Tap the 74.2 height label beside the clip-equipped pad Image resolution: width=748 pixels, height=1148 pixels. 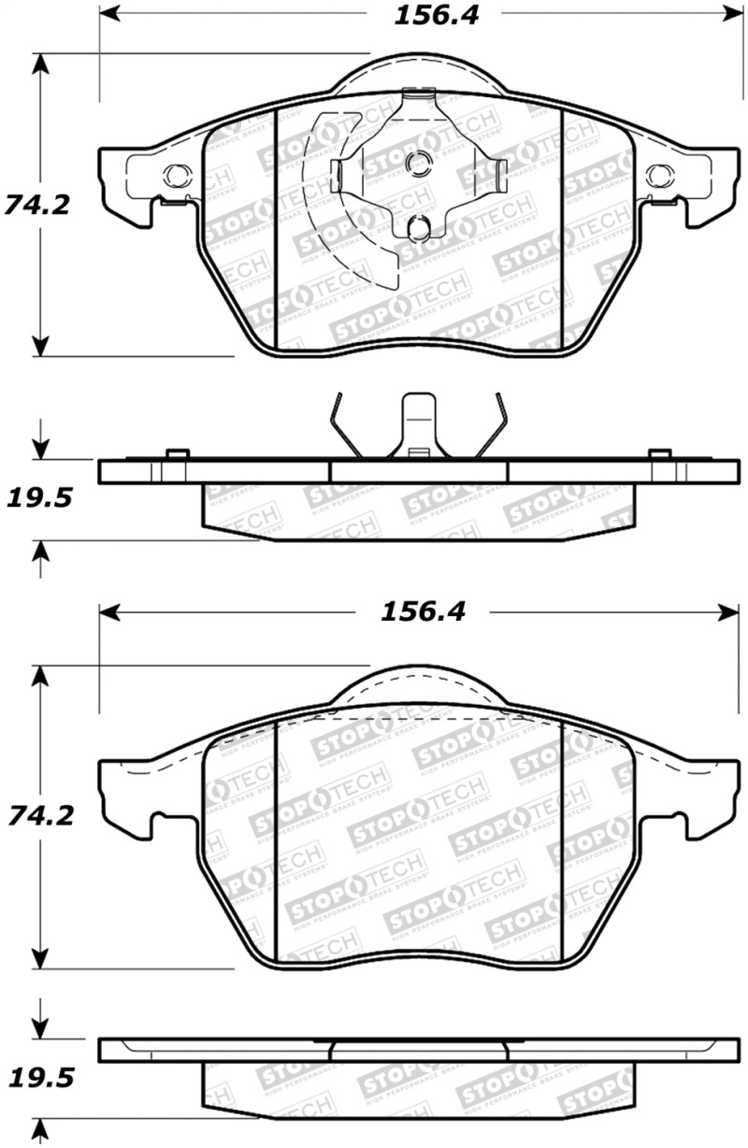[37, 204]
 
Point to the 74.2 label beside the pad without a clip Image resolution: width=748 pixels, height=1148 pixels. [37, 815]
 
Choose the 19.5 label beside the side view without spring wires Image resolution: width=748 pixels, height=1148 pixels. [38, 1078]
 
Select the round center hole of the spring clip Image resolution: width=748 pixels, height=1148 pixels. [416, 163]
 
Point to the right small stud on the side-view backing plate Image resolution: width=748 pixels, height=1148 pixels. [659, 454]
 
